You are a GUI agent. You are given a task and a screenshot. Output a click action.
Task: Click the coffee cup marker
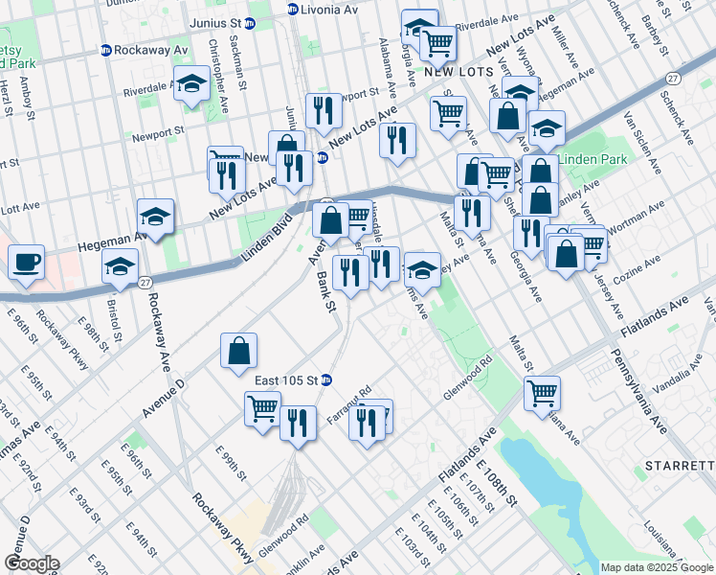coord(26,262)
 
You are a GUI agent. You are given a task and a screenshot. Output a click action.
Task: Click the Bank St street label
coord(325,293)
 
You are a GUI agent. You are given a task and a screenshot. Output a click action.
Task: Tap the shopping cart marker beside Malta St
coord(542,392)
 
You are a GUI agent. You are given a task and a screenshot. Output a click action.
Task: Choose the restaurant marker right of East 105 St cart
coord(298,421)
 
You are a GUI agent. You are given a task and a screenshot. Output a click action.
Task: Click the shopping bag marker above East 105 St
coord(238,350)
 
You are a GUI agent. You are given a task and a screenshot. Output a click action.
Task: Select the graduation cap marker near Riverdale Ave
coord(192,85)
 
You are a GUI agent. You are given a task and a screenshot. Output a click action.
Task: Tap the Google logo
coord(31,563)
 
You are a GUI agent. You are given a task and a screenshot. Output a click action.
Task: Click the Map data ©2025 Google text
coord(657,567)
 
